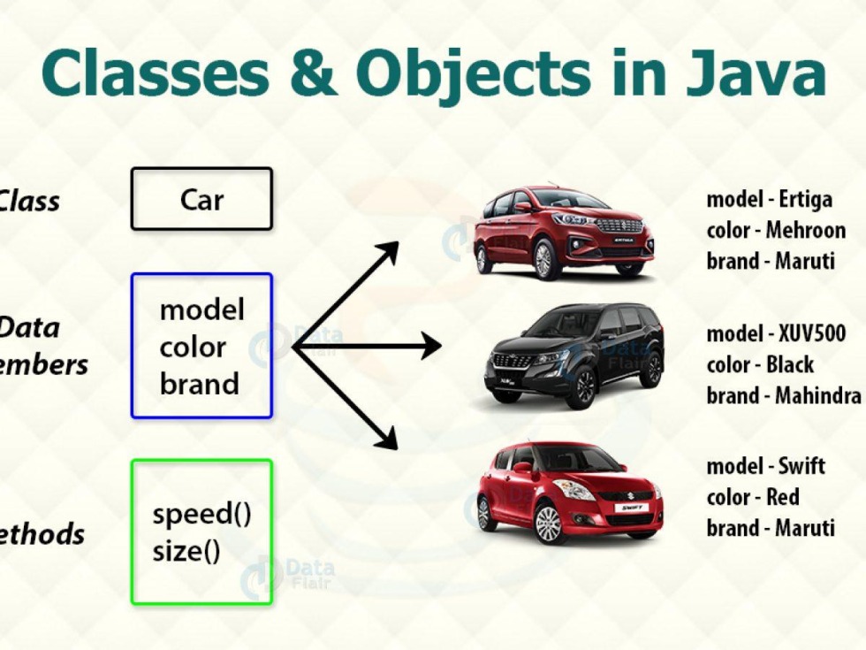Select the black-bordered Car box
[x=201, y=199]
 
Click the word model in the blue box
[x=201, y=310]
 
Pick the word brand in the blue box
[x=200, y=384]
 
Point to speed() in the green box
[x=201, y=515]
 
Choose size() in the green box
[x=186, y=551]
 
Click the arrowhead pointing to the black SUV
[x=431, y=346]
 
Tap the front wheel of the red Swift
[x=548, y=522]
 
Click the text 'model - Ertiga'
[x=769, y=200]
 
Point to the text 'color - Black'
[x=760, y=364]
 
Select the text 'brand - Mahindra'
[x=784, y=395]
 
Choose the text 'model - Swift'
[x=765, y=466]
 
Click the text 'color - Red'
[x=752, y=497]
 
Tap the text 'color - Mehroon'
[x=776, y=231]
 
